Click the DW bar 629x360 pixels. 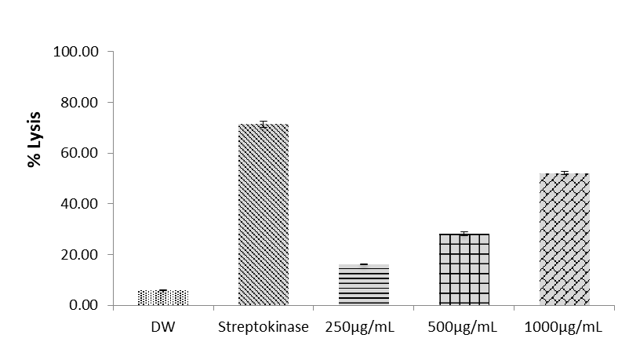[163, 297]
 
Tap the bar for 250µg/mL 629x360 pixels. [364, 284]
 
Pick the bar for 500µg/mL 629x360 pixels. [464, 269]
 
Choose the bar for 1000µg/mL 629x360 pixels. [565, 239]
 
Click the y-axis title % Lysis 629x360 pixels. [35, 145]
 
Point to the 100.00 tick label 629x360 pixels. [75, 52]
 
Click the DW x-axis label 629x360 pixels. [163, 328]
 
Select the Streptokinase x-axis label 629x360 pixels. [264, 328]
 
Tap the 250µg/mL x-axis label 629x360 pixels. [364, 328]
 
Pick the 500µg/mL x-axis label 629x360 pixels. [464, 328]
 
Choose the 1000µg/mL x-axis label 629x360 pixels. [565, 328]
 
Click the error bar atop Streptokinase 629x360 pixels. [264, 124]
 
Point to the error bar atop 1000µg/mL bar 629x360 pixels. [565, 173]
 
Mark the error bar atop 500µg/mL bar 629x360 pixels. [464, 234]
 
